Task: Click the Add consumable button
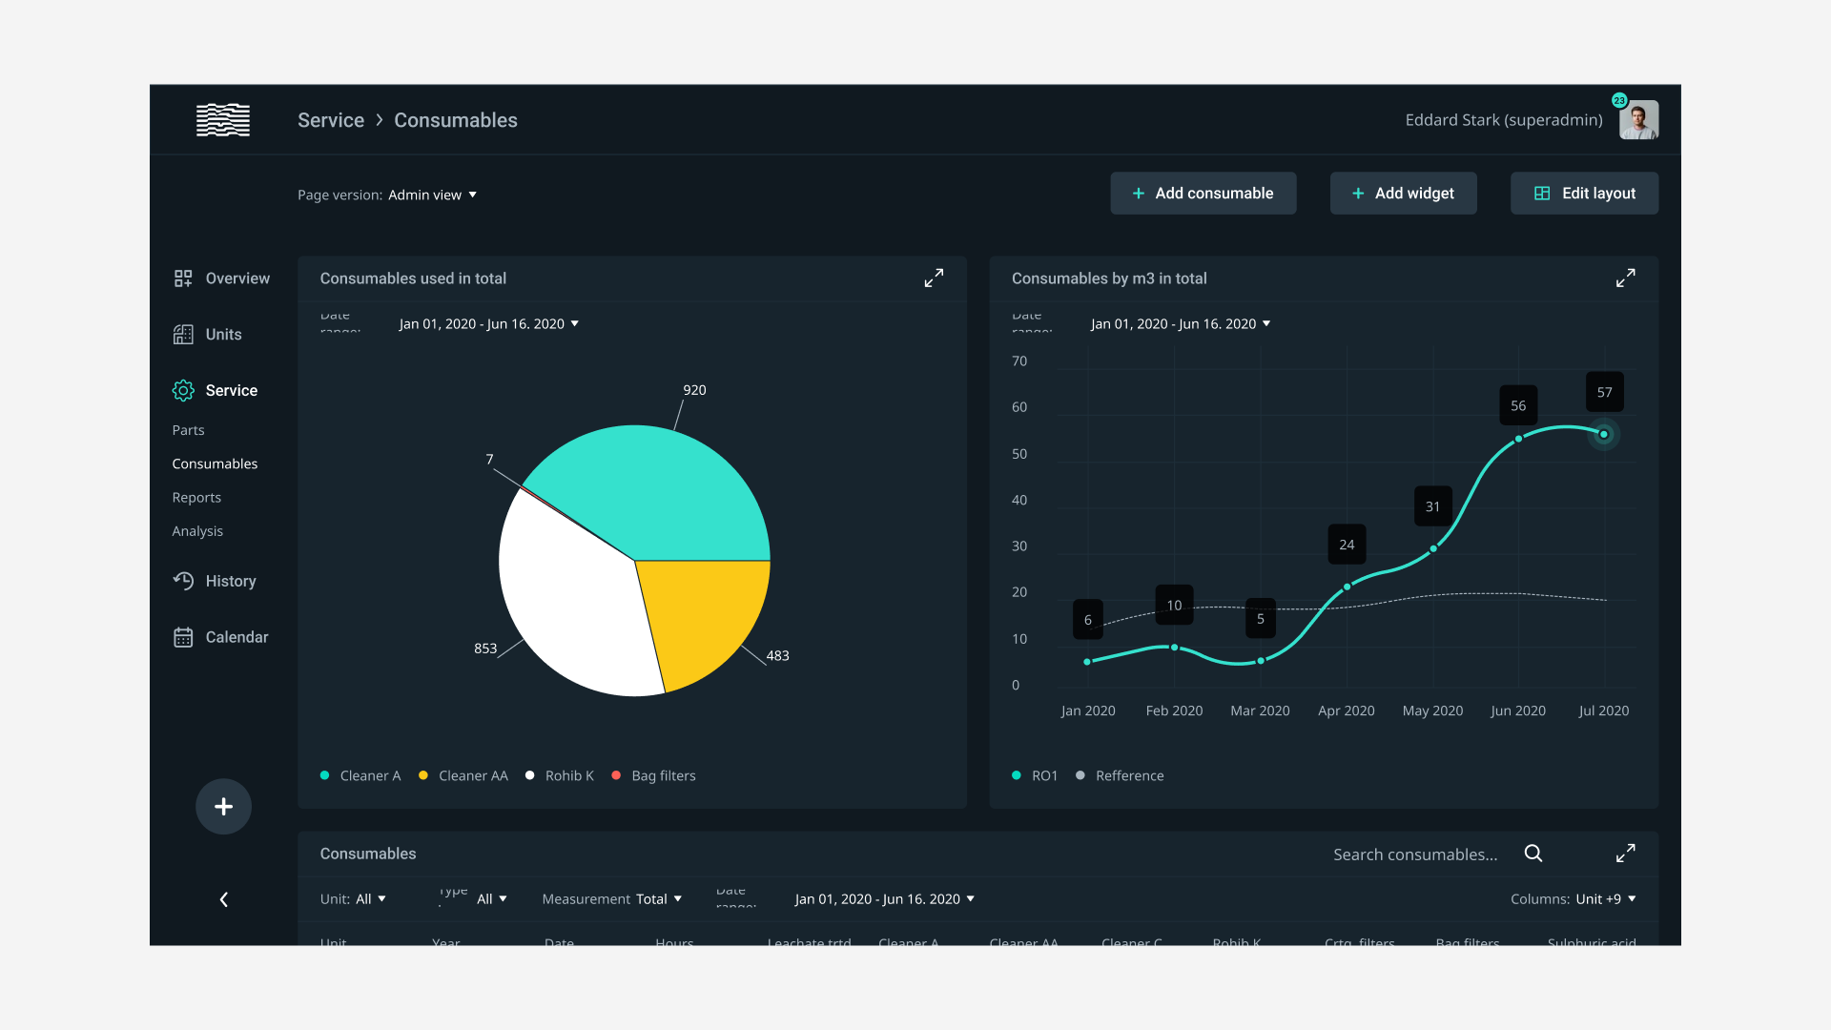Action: point(1203,194)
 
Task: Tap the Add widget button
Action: point(1403,194)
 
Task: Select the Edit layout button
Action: point(1584,194)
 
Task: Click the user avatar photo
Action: point(1638,120)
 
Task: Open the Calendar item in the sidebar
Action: point(221,637)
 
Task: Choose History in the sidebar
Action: point(216,581)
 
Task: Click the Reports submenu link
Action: point(196,498)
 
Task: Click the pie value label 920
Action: point(694,390)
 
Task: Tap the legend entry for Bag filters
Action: point(663,776)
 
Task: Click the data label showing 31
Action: point(1432,506)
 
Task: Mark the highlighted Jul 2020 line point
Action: point(1604,435)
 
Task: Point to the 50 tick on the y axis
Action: point(1019,454)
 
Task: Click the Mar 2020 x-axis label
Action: point(1260,711)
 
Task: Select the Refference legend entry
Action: point(1128,776)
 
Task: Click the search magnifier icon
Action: point(1533,854)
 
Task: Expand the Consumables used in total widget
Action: point(934,278)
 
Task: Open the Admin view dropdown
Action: point(432,195)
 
